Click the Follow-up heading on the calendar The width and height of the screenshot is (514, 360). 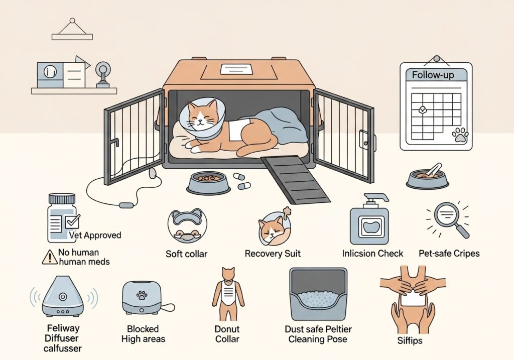(436, 75)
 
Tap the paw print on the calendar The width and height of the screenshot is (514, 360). (459, 135)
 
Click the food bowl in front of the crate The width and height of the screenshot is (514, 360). (208, 182)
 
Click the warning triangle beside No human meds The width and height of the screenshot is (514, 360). (50, 257)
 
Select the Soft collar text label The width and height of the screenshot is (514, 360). (186, 254)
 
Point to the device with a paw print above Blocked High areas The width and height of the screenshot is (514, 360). (143, 297)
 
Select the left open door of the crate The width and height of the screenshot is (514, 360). (134, 137)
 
